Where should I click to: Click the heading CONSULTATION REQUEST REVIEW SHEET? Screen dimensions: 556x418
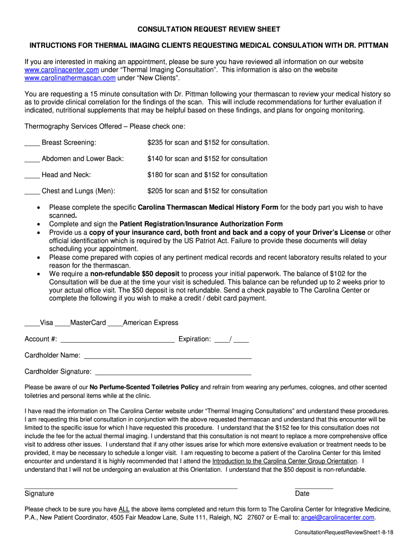208,29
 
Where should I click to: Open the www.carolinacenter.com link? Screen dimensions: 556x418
62,70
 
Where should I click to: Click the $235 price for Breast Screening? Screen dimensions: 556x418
155,143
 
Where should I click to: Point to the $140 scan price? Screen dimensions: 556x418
155,159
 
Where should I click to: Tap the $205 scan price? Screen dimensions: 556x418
155,191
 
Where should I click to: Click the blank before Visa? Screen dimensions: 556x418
32,323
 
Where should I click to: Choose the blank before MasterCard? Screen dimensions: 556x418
62,323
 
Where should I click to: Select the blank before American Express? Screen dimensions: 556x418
115,323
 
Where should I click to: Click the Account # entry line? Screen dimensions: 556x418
117,340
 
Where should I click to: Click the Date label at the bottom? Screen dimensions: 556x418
302,494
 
